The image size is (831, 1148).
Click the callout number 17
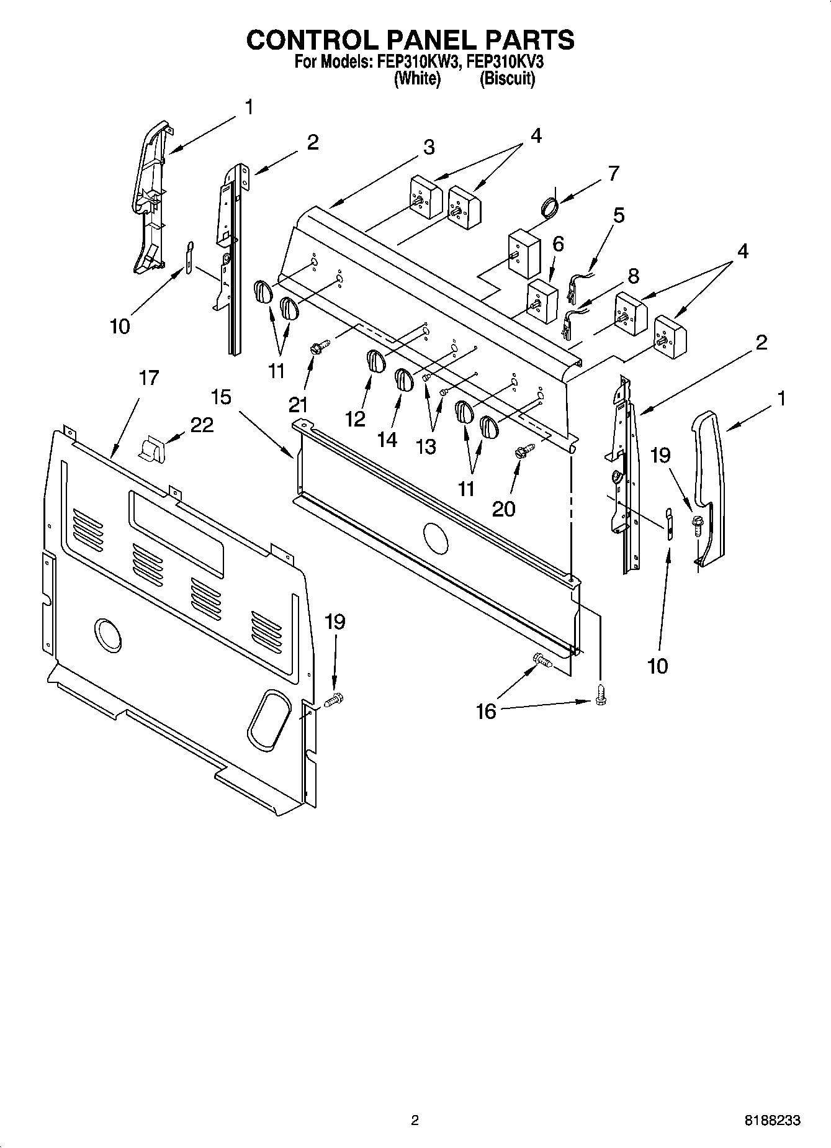tap(148, 377)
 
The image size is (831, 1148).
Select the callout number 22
tap(202, 425)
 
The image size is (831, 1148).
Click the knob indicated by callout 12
tap(375, 361)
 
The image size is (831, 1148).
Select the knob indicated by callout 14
tap(403, 379)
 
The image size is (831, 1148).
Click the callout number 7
tap(613, 173)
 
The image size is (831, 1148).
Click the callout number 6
tap(558, 244)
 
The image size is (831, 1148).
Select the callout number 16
tap(486, 712)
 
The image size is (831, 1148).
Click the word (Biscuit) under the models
tap(507, 79)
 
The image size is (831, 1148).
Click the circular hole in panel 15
tap(434, 538)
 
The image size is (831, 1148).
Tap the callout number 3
tap(429, 147)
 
